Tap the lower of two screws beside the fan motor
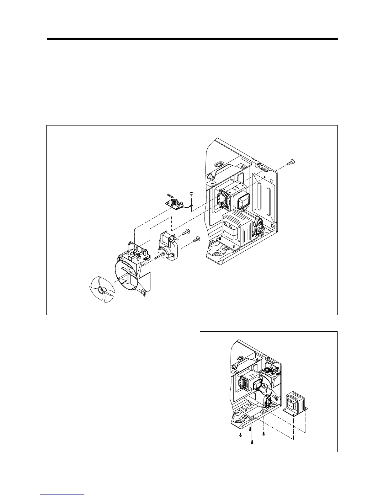click(x=197, y=239)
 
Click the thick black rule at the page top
click(x=192, y=39)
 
